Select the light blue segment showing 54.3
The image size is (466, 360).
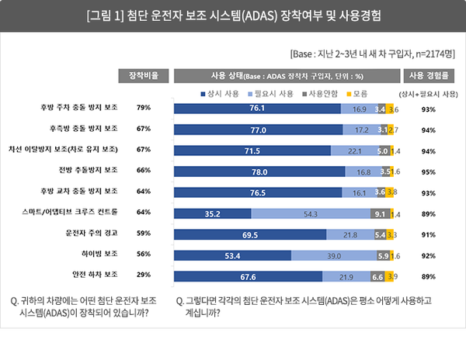311,213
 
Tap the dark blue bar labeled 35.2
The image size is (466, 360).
213,213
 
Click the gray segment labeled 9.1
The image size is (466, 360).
378,213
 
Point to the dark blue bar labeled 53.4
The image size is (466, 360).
233,254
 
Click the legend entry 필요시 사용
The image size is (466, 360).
271,92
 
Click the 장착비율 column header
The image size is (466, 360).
143,75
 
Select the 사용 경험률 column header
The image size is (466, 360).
427,75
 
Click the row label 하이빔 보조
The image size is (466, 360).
96,254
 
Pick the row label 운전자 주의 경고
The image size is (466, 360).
90,234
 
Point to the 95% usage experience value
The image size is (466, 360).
427,171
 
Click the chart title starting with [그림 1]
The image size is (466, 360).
233,16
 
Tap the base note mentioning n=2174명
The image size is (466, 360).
371,54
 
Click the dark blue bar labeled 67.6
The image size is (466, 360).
249,275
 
